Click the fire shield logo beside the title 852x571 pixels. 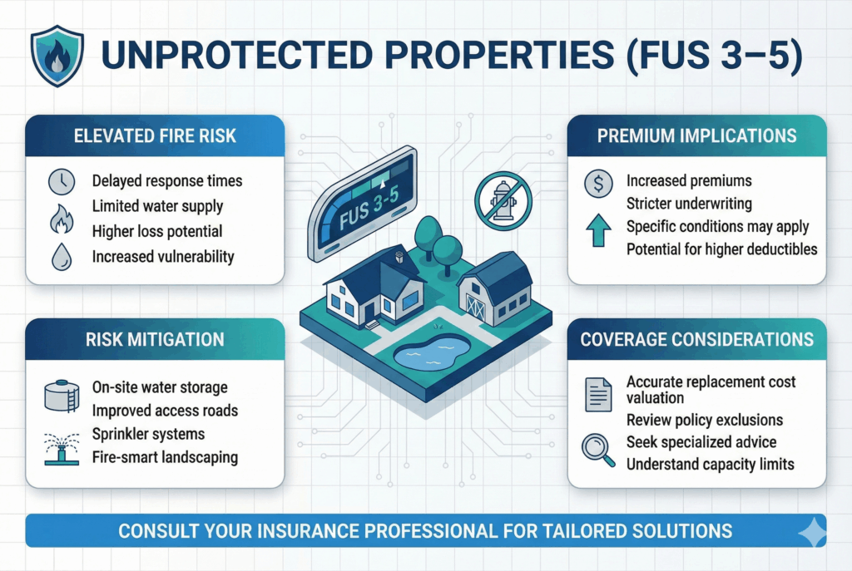[x=57, y=56]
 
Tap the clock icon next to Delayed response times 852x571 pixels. [x=62, y=182]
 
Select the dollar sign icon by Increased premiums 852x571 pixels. [x=598, y=184]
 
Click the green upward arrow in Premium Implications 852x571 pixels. [x=598, y=230]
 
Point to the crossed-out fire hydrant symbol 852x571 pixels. [x=503, y=200]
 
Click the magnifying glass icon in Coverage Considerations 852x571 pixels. [x=598, y=450]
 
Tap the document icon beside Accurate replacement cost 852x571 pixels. [x=598, y=394]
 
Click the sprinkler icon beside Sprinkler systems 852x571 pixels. [x=62, y=449]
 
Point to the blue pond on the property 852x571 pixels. [x=432, y=352]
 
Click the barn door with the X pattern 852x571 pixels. [x=475, y=307]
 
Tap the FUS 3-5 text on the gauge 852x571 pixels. [x=369, y=207]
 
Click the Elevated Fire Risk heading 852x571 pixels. [x=155, y=135]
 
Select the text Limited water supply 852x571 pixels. [x=157, y=206]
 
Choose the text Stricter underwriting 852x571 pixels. [x=689, y=204]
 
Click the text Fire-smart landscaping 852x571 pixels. [x=165, y=458]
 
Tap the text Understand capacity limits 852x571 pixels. [x=711, y=465]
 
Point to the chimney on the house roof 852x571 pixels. [x=399, y=255]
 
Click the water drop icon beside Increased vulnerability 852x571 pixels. [x=62, y=257]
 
